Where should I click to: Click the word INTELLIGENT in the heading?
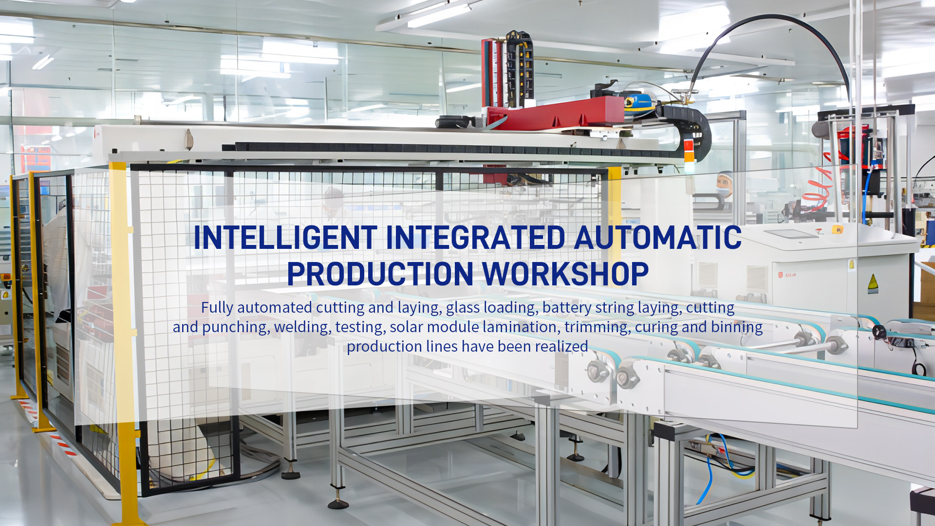(x=285, y=238)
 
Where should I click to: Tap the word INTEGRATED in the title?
(x=476, y=238)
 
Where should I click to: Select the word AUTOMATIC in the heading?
(x=658, y=238)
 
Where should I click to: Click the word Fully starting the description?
(x=217, y=308)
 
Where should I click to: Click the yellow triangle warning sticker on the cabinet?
(x=873, y=284)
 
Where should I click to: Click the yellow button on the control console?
(x=838, y=229)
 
